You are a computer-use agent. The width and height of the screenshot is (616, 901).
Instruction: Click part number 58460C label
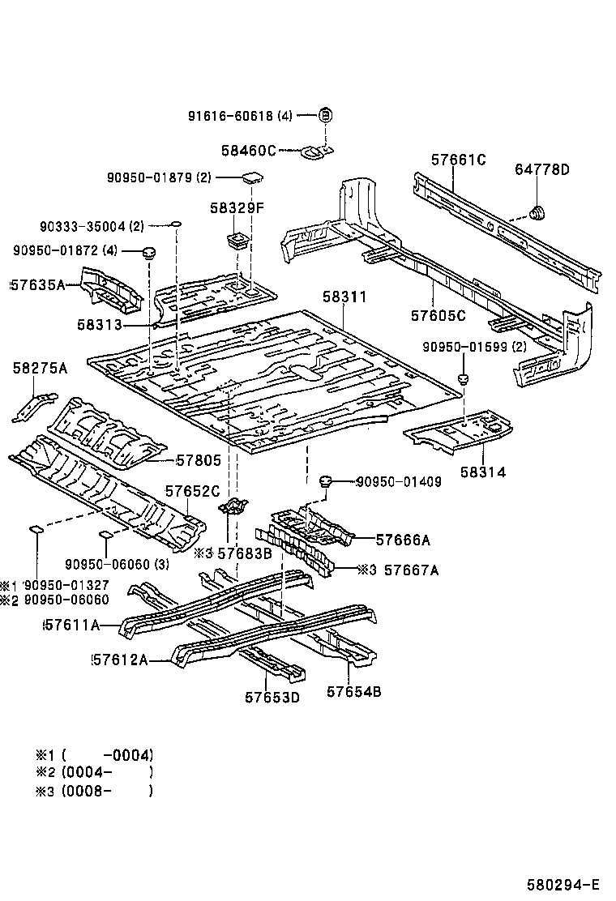coord(249,150)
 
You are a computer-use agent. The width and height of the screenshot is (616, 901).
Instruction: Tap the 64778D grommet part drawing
coord(537,213)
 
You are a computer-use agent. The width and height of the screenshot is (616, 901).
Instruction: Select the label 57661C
coord(458,160)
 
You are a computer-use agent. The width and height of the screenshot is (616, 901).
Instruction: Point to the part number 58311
coord(344,297)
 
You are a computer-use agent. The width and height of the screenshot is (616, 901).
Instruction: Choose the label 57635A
coord(37,284)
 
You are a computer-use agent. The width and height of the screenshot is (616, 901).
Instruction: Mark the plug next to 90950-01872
coord(149,253)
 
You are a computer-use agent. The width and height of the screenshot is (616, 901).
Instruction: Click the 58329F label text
coord(237,208)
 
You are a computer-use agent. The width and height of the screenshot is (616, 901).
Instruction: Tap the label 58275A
coord(40,369)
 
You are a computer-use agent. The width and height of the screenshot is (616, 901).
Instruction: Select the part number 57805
coord(199,460)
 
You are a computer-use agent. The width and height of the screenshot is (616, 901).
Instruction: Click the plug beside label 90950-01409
coord(327,481)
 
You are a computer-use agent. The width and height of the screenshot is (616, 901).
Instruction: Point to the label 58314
coord(483,472)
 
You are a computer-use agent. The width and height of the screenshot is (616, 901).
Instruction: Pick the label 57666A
coord(403,540)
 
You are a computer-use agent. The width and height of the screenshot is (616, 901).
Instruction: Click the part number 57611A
coord(71,625)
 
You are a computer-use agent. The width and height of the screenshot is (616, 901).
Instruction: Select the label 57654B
coord(354,691)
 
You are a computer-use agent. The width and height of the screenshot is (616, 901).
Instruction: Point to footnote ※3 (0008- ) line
coord(93,791)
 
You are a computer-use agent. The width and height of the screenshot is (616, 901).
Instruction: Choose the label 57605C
coord(438,315)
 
